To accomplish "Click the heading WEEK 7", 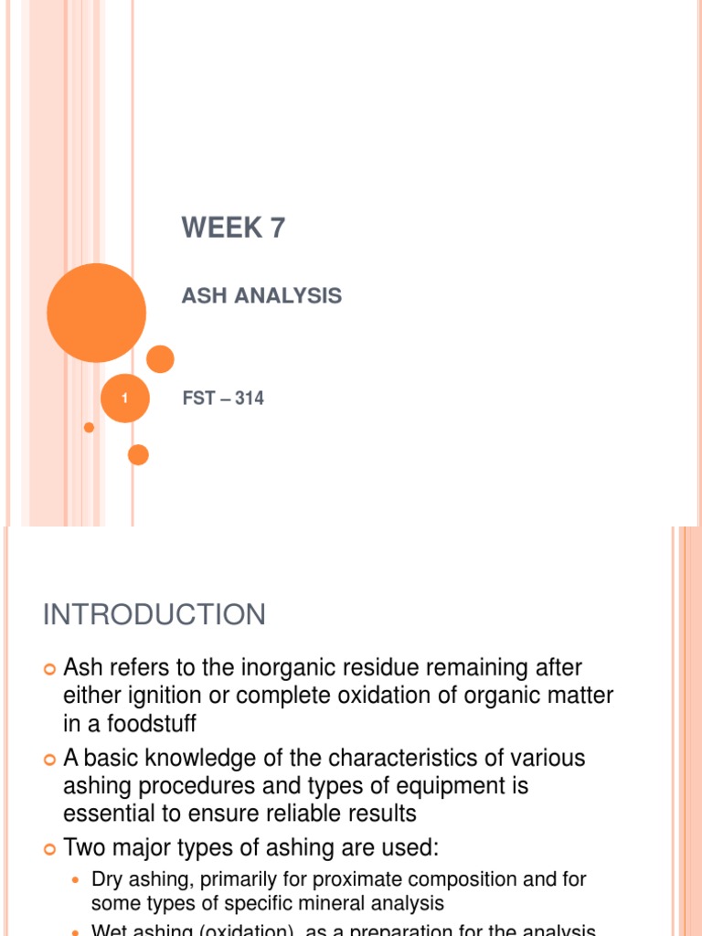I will (233, 228).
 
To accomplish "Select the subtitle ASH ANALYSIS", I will (261, 295).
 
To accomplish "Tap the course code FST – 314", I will (223, 398).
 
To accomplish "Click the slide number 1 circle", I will (124, 399).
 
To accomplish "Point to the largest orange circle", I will (96, 313).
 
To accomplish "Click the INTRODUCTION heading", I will (154, 614).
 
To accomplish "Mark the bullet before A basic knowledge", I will (50, 759).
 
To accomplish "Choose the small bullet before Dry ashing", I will (77, 880).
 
